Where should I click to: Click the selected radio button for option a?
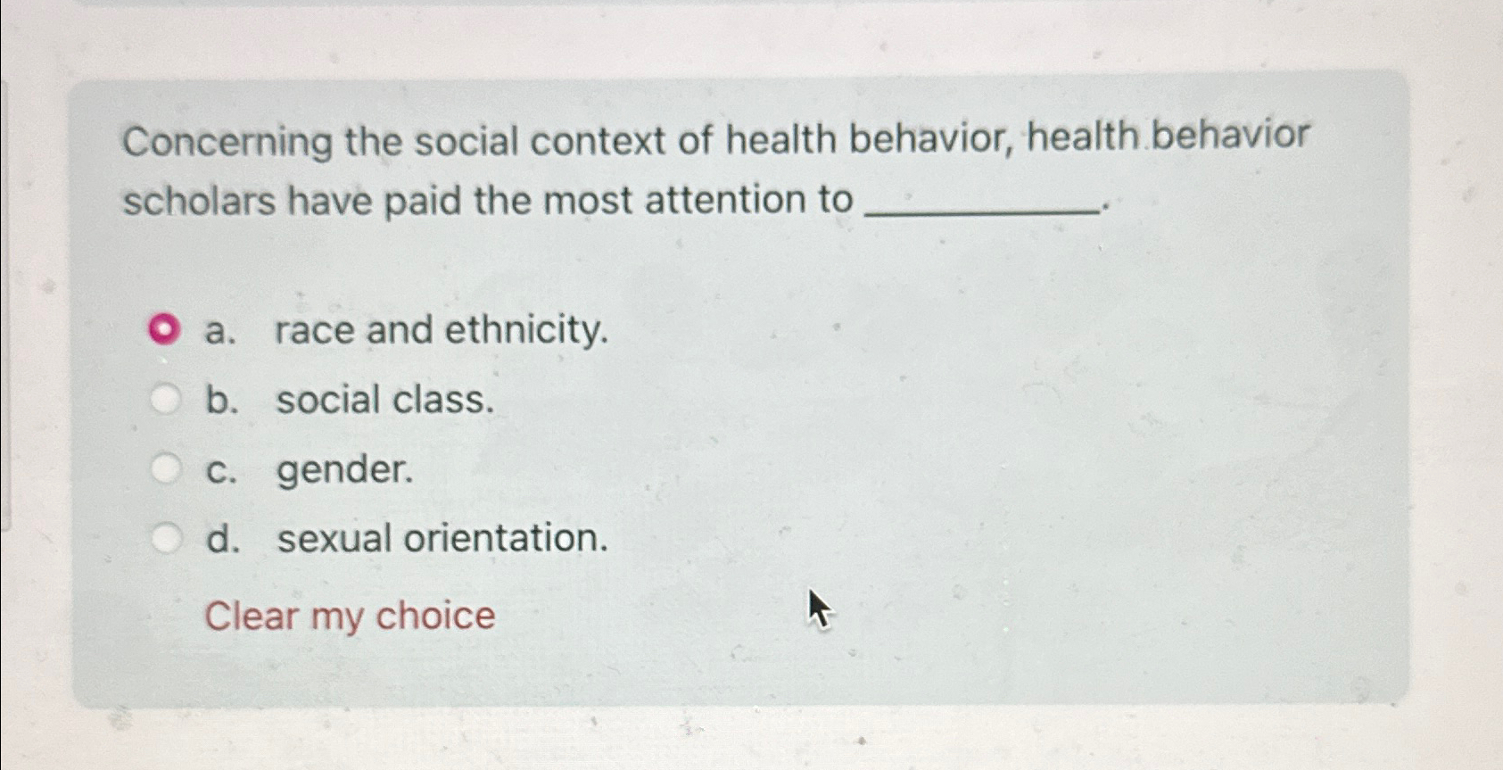(x=163, y=330)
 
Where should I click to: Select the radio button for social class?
(x=165, y=400)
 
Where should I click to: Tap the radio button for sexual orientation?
(x=165, y=538)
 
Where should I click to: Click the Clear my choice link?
(x=350, y=616)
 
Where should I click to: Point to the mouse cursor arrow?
(x=818, y=609)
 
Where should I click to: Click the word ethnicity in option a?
(x=526, y=330)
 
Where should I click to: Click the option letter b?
(x=221, y=400)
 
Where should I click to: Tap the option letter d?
(x=222, y=539)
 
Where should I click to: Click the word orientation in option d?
(x=506, y=538)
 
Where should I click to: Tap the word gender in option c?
(x=344, y=470)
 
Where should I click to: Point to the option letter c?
(x=220, y=470)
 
